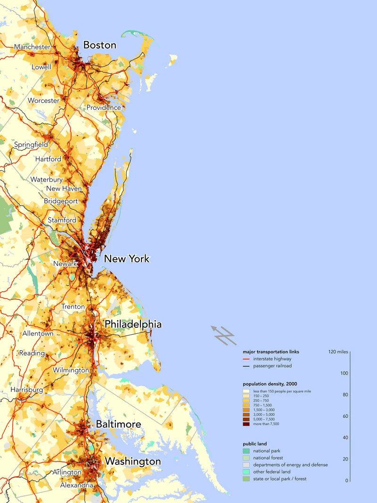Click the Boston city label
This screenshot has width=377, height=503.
(99, 45)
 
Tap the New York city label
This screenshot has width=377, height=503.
(126, 259)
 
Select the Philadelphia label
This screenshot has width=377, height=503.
(133, 324)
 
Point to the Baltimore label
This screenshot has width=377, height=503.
(118, 424)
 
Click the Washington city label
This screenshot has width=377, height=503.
(132, 461)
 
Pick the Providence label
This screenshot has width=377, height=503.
(104, 107)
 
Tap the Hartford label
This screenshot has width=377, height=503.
(48, 159)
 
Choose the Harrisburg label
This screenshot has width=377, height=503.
(27, 390)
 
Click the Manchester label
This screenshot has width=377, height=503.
(32, 47)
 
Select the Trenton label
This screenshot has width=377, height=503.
(73, 307)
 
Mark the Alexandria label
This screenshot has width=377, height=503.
(76, 485)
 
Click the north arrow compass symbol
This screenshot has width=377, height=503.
(222, 334)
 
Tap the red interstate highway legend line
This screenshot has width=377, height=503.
(246, 359)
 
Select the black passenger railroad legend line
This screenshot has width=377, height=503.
(246, 366)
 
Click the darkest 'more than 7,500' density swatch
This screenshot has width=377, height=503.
(246, 424)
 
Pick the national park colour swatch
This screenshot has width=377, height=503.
(246, 451)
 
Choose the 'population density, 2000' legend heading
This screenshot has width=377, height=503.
(270, 384)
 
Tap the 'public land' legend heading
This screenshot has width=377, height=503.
(255, 444)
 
